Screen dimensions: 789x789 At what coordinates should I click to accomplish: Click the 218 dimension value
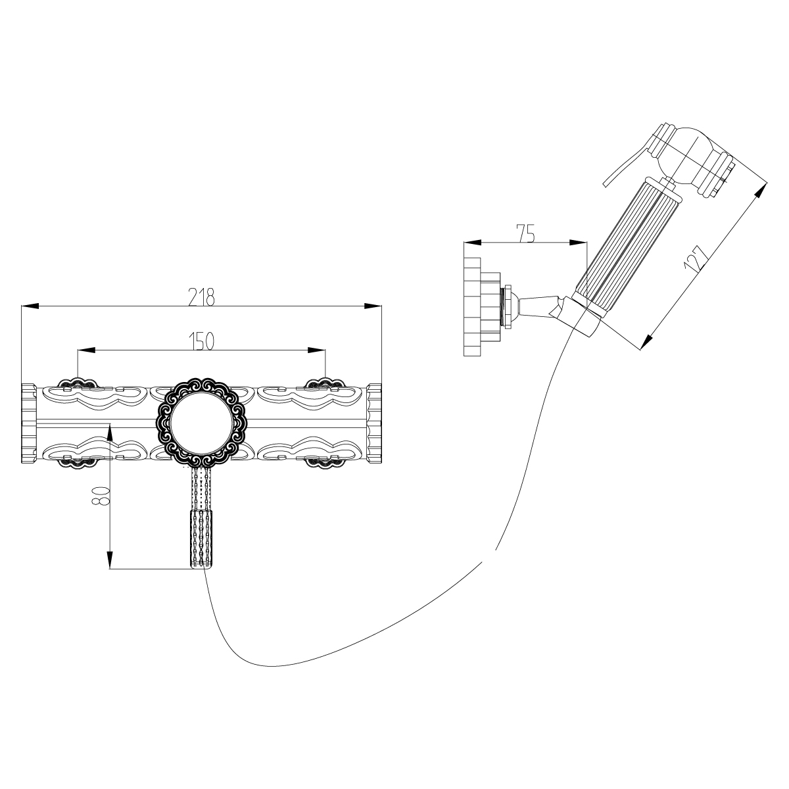(201, 297)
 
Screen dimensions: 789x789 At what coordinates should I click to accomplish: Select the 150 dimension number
(201, 341)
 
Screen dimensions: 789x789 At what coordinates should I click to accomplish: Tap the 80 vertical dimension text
(100, 496)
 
